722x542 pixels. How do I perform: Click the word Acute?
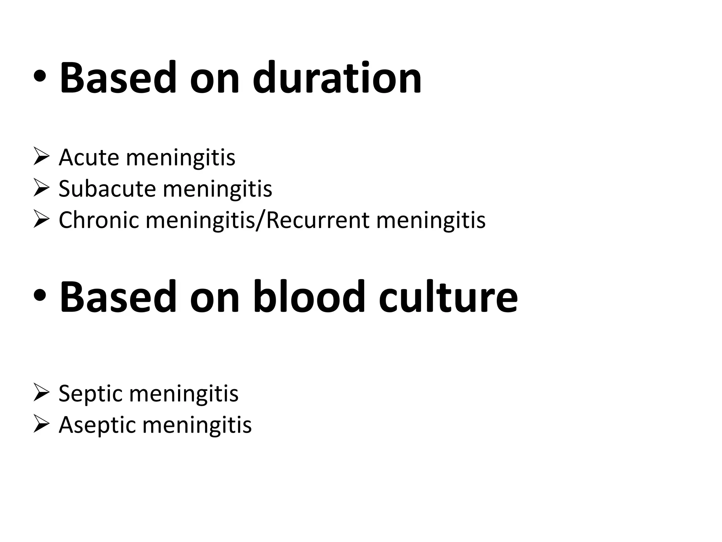pyautogui.click(x=89, y=157)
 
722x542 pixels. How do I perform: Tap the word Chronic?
pyautogui.click(x=99, y=220)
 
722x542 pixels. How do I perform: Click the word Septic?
pyautogui.click(x=91, y=393)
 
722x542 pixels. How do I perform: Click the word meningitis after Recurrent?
pyautogui.click(x=431, y=220)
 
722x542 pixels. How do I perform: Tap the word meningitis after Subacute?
pyautogui.click(x=218, y=189)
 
